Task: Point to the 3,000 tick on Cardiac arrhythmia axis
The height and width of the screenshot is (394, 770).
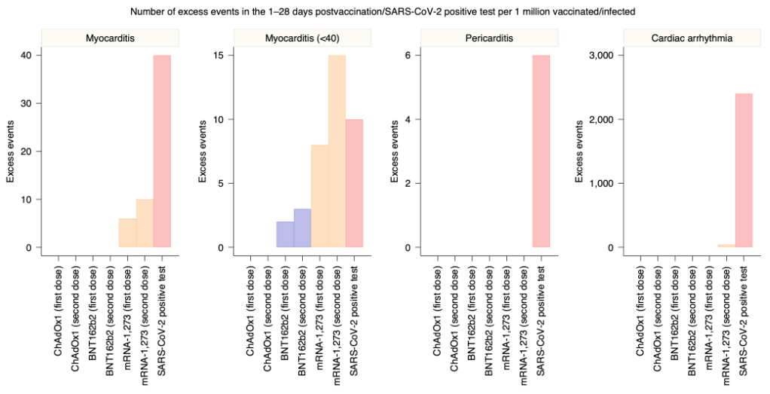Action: pyautogui.click(x=608, y=55)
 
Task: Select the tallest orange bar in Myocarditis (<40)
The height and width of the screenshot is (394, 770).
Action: pyautogui.click(x=337, y=151)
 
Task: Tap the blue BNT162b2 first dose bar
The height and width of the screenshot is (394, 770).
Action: pyautogui.click(x=285, y=234)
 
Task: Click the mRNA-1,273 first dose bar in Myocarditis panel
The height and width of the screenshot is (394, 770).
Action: pyautogui.click(x=127, y=233)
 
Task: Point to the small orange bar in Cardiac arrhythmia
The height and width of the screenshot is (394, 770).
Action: pyautogui.click(x=726, y=246)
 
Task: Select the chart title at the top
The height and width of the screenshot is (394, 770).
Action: pyautogui.click(x=385, y=11)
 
